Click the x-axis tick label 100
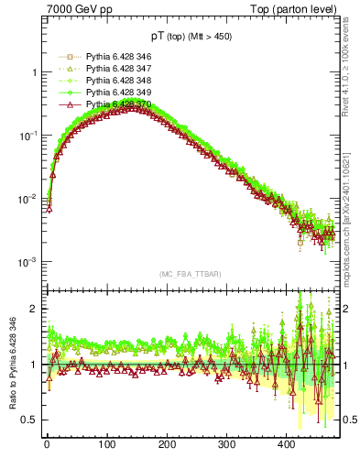106,455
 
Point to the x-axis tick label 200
167,455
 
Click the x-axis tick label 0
47,455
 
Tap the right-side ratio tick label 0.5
347,420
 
